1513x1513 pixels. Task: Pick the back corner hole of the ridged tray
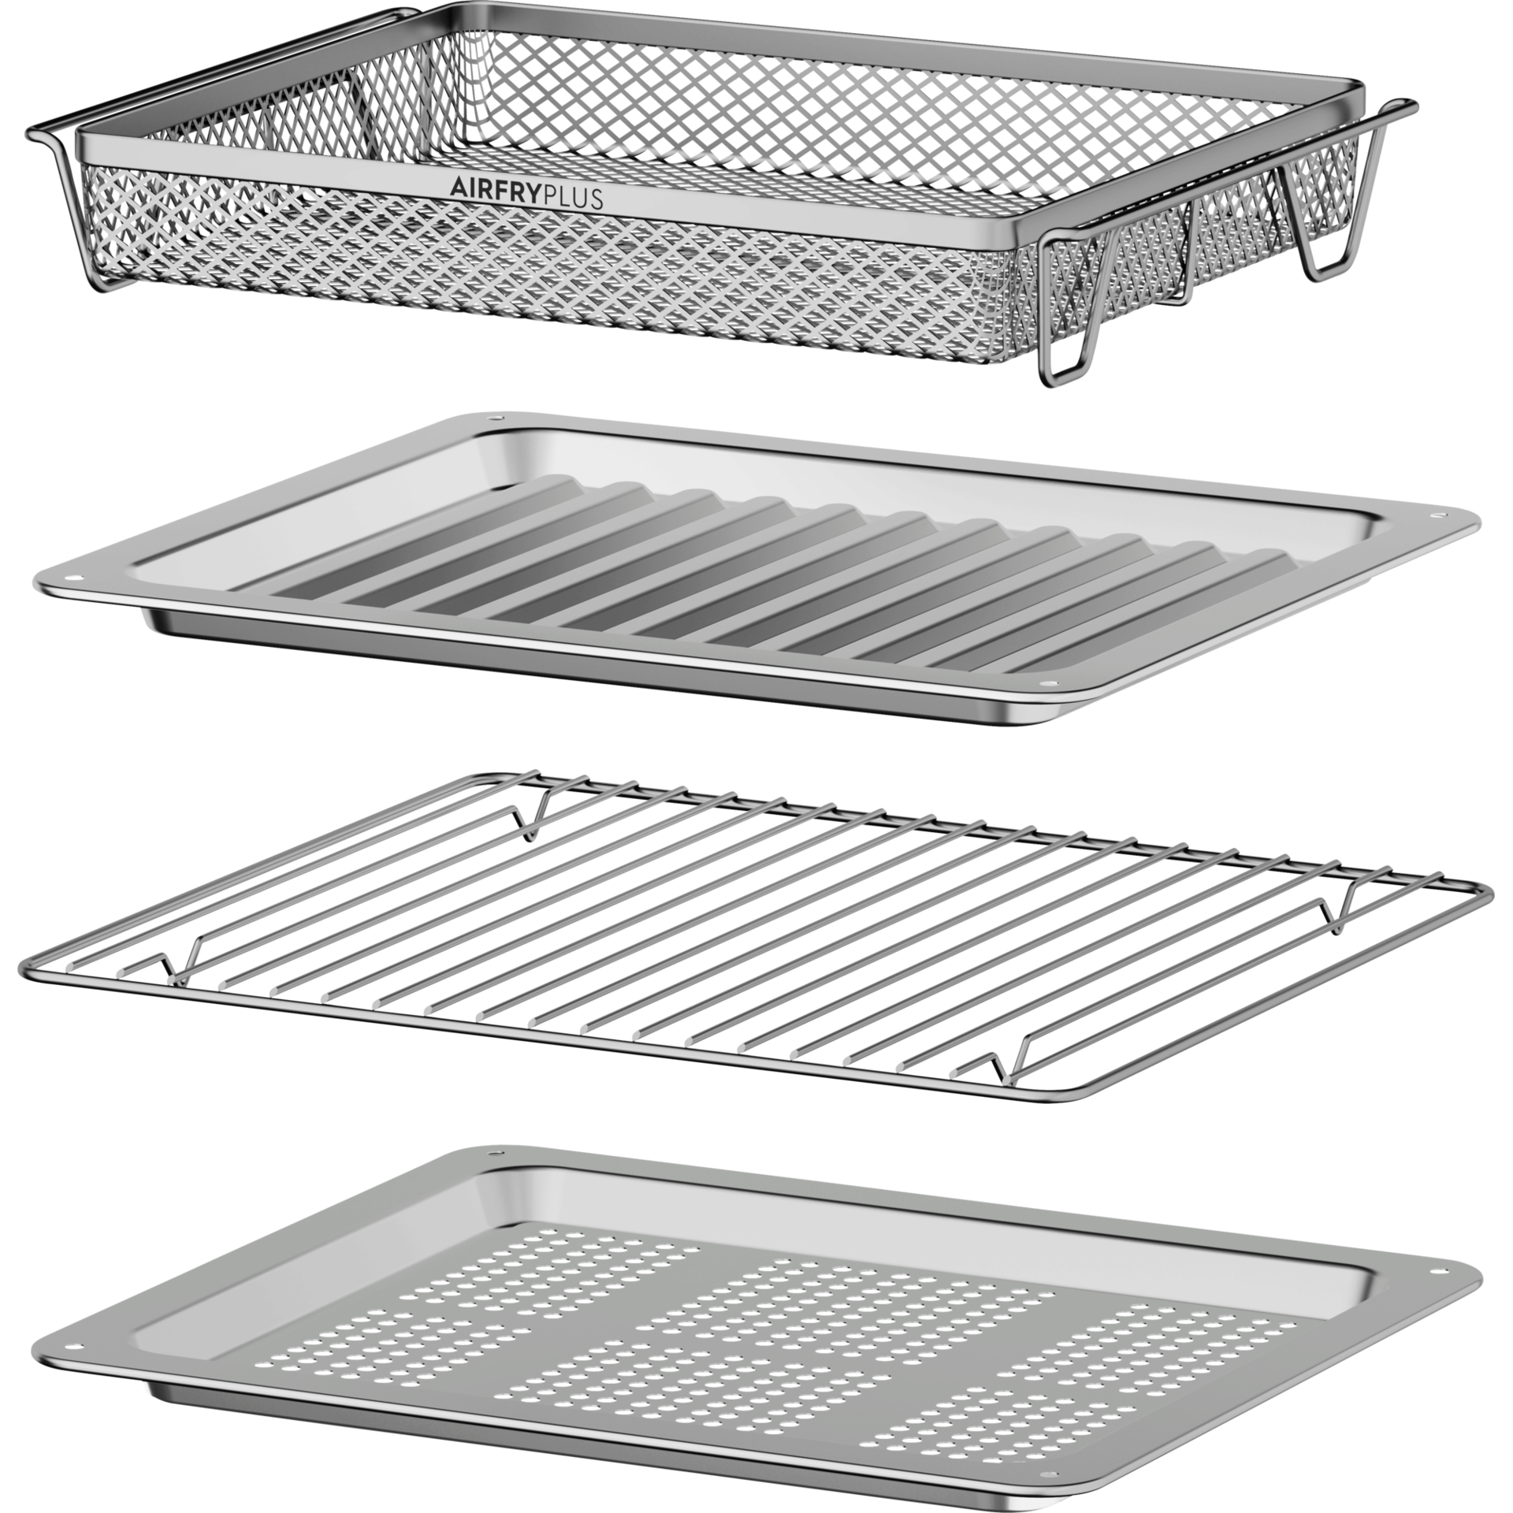494,418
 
